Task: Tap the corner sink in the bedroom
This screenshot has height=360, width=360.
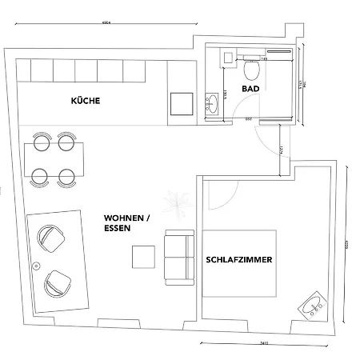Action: point(311,304)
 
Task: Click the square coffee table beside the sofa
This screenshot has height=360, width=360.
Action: point(143,255)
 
